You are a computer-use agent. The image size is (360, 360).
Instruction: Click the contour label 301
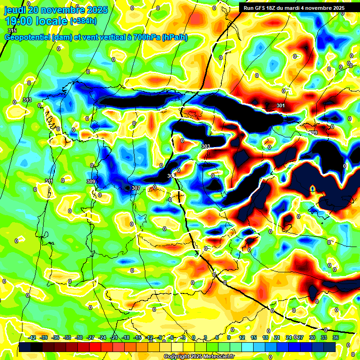click(280, 105)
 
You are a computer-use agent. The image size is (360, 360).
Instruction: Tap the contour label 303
click(205, 147)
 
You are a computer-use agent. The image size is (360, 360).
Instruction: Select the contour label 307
click(136, 188)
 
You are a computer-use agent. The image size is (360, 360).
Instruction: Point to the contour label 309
click(91, 181)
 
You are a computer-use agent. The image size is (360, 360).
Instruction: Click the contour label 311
click(49, 181)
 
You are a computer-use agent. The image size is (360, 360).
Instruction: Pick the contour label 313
click(27, 100)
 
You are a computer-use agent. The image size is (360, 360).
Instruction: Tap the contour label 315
click(12, 30)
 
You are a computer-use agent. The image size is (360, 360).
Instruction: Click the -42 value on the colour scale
click(32, 337)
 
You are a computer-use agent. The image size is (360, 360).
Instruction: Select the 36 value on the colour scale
click(335, 337)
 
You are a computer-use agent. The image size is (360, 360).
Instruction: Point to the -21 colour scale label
click(114, 337)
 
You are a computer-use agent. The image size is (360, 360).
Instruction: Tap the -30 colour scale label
click(79, 337)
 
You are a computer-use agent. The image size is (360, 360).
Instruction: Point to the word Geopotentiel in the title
click(27, 37)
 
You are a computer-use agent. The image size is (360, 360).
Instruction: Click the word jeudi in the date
click(15, 9)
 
